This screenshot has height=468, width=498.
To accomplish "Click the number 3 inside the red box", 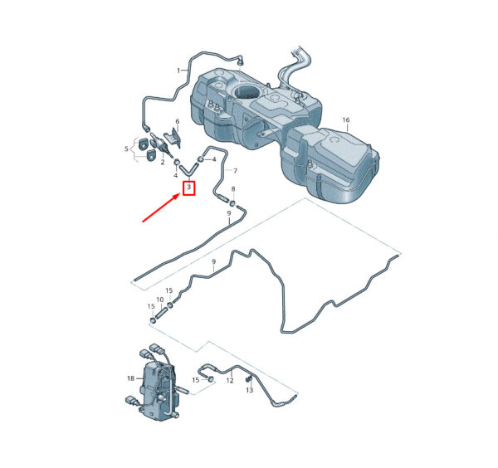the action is (189, 187).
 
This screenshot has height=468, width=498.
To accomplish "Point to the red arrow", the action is (160, 208).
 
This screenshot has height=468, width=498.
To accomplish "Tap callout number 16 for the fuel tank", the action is (346, 120).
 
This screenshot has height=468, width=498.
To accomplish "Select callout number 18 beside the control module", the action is (131, 378).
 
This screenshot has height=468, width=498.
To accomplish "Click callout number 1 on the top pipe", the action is (178, 71).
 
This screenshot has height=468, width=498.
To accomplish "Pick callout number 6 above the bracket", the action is (178, 121).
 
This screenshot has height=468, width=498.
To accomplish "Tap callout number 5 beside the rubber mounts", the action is (126, 149).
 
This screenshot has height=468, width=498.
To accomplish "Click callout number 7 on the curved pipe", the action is (235, 171).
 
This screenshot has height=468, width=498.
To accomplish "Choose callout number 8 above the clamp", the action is (233, 189).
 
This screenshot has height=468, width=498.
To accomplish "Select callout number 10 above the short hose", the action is (160, 300).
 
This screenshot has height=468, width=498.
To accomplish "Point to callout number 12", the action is (230, 380).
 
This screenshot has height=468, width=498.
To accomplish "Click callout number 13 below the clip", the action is (250, 390).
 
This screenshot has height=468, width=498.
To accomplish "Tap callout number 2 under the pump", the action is (163, 163).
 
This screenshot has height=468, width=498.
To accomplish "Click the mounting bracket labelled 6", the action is (173, 137).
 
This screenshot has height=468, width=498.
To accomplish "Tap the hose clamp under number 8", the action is (233, 202).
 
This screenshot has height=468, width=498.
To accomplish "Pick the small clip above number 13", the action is (249, 379).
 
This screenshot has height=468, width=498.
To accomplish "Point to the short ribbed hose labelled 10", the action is (161, 312).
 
